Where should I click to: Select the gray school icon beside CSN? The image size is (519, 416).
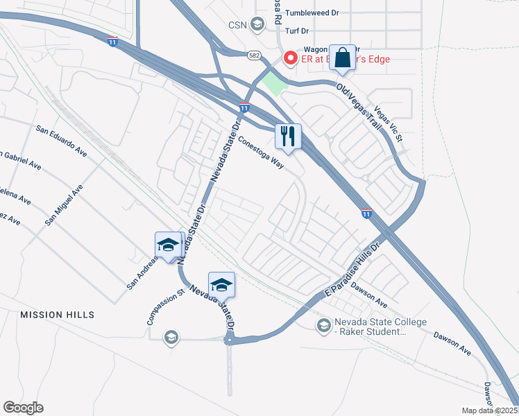[257, 26]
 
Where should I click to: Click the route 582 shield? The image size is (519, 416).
[254, 53]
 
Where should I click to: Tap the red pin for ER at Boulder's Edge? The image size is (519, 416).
[289, 58]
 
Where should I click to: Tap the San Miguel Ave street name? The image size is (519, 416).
[64, 205]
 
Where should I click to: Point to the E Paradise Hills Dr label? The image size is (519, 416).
[353, 271]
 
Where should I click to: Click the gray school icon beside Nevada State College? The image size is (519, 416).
[323, 325]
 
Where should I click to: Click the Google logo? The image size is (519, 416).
[23, 408]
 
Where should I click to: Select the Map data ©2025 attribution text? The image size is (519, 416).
[490, 410]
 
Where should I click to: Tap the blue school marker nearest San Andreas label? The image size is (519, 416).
[168, 245]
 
